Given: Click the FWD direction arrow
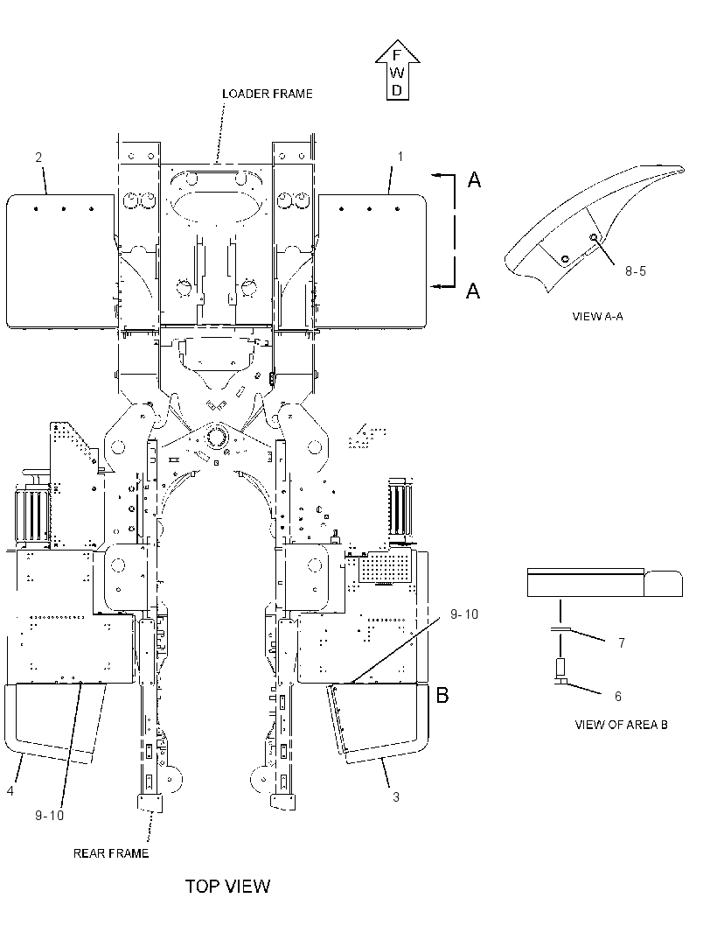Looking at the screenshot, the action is coord(397,70).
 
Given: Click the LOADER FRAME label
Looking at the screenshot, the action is coord(267,94).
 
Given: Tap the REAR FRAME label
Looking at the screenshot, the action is coord(110,853).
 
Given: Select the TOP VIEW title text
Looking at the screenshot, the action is coord(227,886).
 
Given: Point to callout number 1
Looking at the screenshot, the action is coord(400,157).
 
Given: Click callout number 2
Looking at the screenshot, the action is coord(38,157).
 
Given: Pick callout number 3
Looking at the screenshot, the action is coord(396,796).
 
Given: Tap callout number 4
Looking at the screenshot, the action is coord(10,791).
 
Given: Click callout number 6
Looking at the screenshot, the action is coord(617,696).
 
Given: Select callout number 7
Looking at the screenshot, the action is coord(622,642).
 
